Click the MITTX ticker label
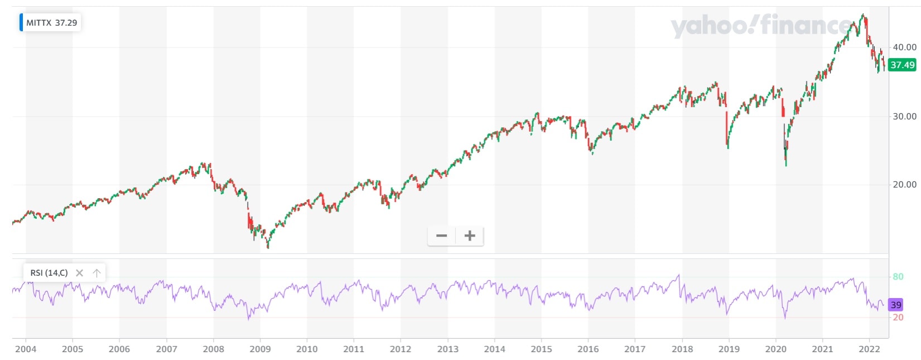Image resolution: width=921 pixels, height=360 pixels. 38,23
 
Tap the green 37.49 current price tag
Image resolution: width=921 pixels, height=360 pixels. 902,65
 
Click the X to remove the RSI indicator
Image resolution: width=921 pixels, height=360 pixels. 79,273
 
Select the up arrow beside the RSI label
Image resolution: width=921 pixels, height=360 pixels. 97,273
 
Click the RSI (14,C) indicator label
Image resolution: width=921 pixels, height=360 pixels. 49,273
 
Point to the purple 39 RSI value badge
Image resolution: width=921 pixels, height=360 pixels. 895,305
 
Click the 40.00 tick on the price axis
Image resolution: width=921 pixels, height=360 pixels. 904,47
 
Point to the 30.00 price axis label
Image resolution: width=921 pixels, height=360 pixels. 904,117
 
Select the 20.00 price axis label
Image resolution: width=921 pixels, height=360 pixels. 904,185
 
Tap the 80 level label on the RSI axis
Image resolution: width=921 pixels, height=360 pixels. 898,277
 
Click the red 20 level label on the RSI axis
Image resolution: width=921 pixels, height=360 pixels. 898,318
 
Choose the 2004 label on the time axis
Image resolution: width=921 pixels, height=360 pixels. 26,349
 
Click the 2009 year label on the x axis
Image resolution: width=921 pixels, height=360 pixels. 260,349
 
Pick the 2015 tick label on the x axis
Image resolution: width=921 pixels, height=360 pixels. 541,349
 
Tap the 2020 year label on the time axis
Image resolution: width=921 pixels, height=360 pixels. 775,349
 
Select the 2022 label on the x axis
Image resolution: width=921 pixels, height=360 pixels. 869,349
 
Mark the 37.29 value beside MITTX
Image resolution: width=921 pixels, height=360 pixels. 66,23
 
